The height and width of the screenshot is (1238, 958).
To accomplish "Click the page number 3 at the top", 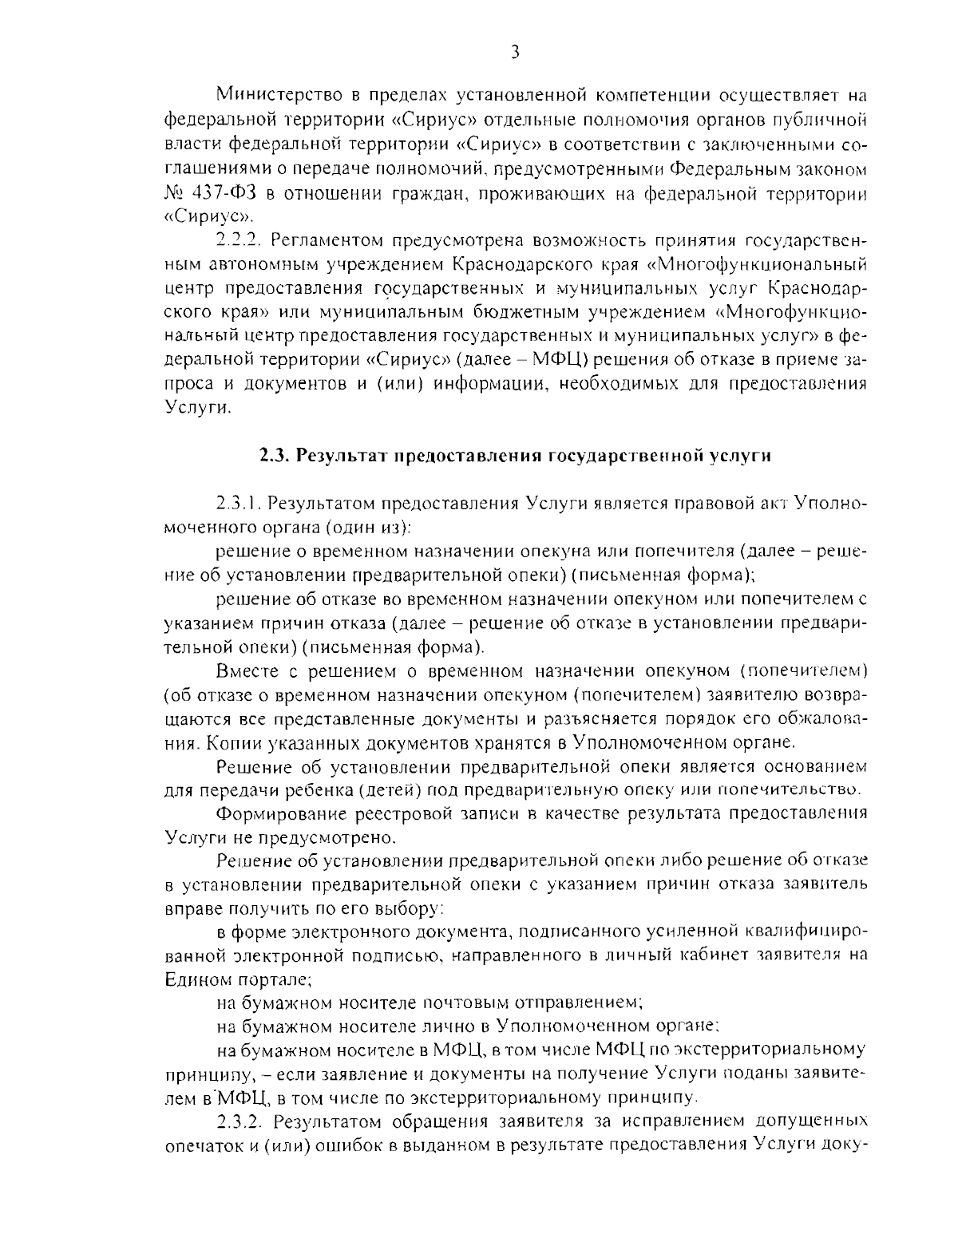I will (514, 53).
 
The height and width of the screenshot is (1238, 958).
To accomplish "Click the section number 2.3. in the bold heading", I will (275, 456).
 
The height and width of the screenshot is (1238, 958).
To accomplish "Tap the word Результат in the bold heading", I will (339, 456).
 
